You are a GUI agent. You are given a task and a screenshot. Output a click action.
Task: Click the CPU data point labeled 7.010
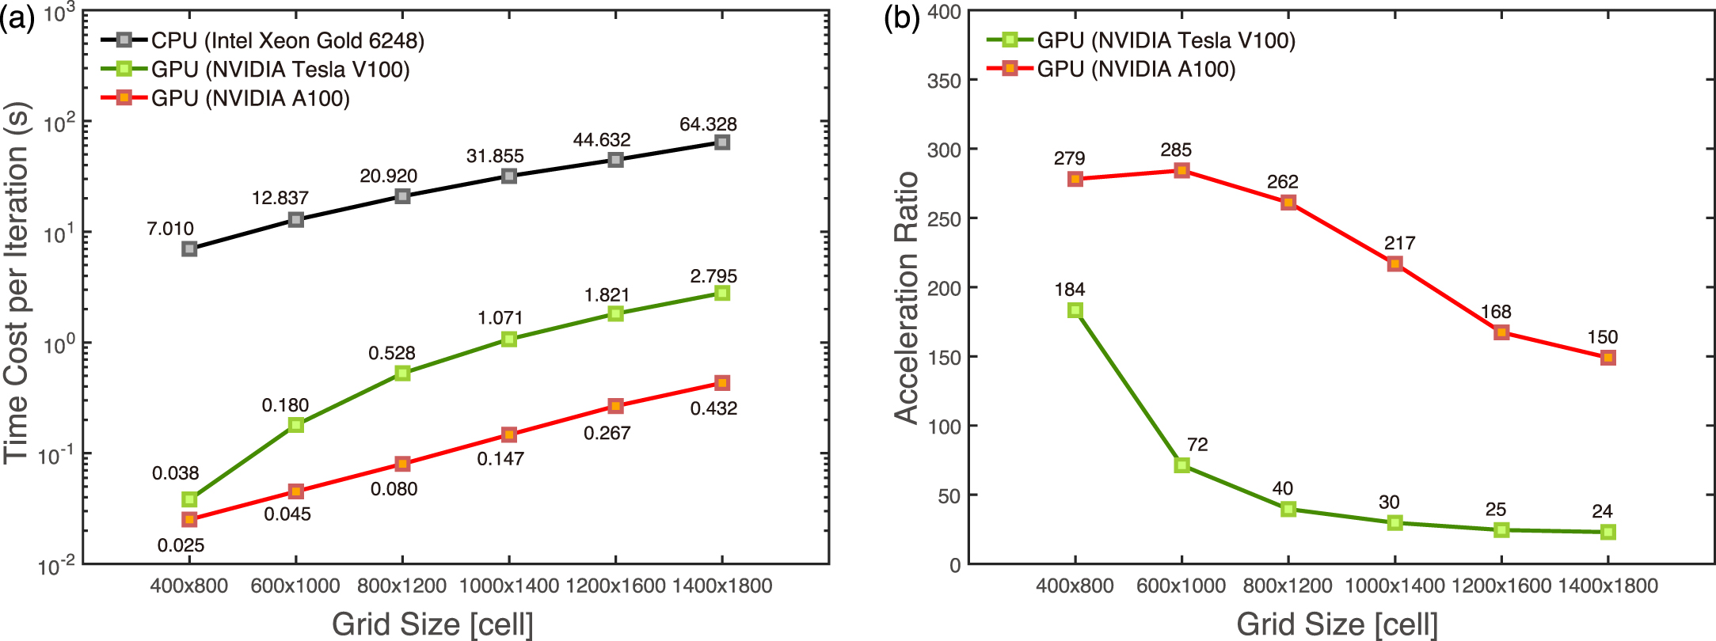(x=189, y=248)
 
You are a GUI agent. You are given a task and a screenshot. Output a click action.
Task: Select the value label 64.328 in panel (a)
(x=708, y=124)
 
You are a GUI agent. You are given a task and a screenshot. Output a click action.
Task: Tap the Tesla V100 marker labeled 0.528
(x=402, y=373)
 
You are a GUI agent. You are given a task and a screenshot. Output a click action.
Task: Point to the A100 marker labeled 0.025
(x=189, y=519)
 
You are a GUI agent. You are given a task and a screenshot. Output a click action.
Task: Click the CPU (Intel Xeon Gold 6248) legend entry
(x=287, y=40)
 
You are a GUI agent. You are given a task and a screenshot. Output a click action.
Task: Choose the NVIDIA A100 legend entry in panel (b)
(x=1136, y=69)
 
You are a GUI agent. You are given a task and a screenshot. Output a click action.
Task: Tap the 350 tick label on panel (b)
(x=944, y=81)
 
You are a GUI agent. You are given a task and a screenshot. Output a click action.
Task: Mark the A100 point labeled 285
(x=1181, y=170)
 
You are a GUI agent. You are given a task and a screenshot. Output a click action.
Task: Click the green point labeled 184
(x=1075, y=310)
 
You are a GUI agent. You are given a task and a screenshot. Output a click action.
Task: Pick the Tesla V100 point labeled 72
(x=1181, y=465)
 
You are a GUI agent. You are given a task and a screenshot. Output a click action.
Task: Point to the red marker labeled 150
(x=1608, y=358)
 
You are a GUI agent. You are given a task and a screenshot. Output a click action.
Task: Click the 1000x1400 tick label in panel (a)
(x=509, y=586)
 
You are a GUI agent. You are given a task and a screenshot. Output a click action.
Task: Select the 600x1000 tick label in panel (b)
(x=1181, y=586)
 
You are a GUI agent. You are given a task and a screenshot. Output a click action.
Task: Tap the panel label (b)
(x=901, y=17)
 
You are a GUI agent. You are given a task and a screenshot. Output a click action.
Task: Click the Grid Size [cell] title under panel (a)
(x=432, y=624)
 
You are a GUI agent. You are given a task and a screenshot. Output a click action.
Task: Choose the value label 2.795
(x=713, y=276)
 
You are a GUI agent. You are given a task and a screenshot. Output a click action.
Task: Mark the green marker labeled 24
(x=1608, y=532)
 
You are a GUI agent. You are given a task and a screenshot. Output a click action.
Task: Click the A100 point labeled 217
(x=1395, y=264)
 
